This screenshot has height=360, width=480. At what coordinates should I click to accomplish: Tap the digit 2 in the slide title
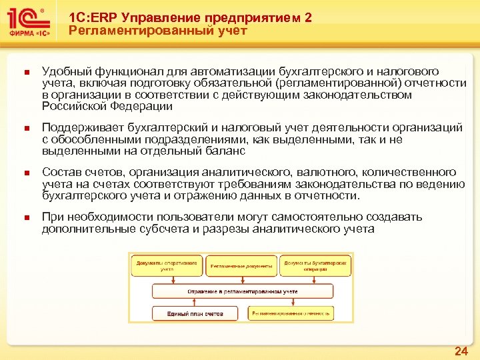pos(307,18)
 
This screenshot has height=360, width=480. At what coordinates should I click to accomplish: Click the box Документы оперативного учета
pos(167,266)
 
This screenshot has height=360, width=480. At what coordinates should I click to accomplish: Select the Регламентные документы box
pos(241,267)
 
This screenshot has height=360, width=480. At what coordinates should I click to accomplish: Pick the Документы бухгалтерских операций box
pos(315,266)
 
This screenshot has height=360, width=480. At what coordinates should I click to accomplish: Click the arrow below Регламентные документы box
pos(241,280)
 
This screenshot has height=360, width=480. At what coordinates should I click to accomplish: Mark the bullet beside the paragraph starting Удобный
pos(24,72)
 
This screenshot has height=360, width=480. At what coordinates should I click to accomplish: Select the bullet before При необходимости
pos(24,218)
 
